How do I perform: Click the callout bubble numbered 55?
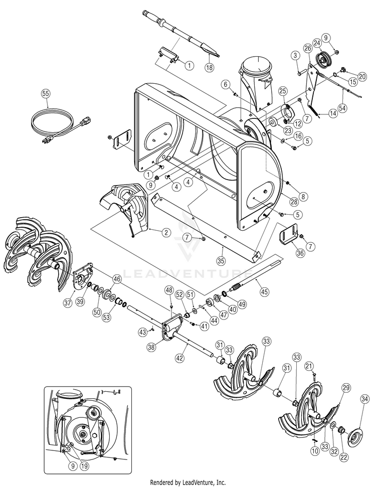[46, 93]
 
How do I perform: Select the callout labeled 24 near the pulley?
[317, 43]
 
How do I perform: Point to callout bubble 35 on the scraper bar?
[221, 260]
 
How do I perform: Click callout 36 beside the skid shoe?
[300, 253]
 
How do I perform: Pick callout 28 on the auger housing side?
[293, 201]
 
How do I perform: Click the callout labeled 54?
[343, 107]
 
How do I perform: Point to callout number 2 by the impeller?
[165, 232]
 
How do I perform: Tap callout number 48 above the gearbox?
[169, 290]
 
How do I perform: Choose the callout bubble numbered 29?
[345, 387]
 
